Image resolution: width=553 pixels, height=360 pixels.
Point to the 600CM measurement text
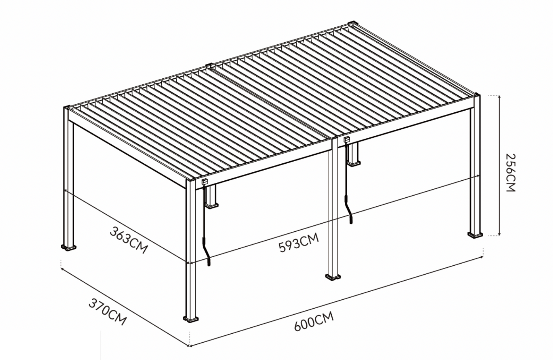314,321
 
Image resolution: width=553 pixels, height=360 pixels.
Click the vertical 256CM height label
510,172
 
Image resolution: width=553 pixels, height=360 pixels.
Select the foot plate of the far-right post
475,234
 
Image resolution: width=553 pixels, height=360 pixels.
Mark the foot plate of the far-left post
69,247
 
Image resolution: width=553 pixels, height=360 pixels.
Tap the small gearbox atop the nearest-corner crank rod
205,181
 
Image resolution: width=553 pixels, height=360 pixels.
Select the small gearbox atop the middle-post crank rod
347,140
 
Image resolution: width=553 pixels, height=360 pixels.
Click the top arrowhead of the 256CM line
499,97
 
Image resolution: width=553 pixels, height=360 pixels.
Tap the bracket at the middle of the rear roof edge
209,65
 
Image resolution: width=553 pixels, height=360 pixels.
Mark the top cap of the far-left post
68,107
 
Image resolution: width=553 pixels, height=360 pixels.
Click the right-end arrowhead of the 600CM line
482,257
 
